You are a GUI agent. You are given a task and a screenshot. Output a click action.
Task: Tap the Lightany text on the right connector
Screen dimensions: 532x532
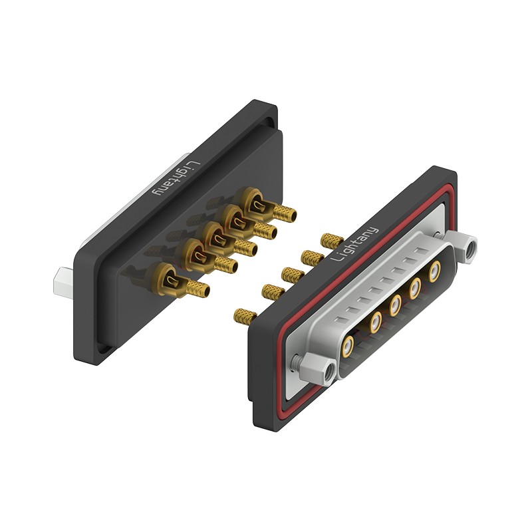click(354, 244)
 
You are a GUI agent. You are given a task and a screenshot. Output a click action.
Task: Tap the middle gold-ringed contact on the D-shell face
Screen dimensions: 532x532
click(394, 305)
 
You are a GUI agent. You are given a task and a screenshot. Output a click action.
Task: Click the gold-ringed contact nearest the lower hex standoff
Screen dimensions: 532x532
click(347, 346)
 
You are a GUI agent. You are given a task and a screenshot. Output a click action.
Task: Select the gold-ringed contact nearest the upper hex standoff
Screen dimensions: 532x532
click(434, 272)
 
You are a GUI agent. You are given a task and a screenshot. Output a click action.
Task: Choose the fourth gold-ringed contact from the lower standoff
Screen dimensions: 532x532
click(415, 289)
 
